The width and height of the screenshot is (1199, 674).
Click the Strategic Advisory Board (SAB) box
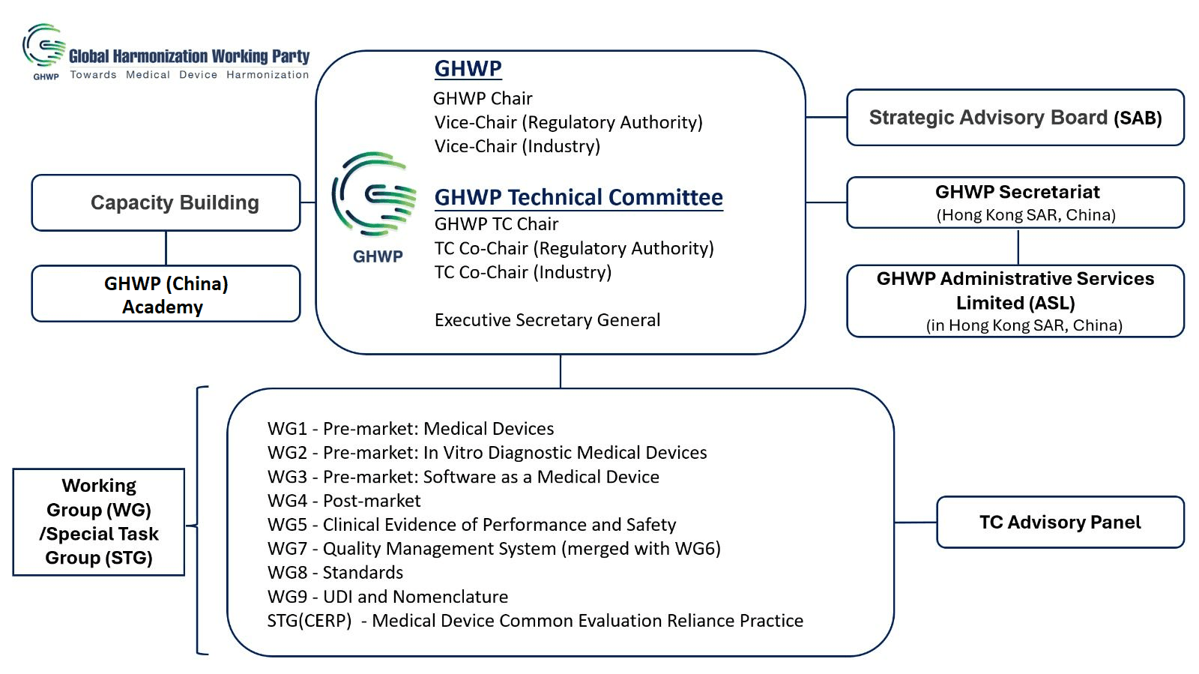[x=1015, y=118]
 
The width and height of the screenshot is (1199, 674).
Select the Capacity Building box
[x=166, y=203]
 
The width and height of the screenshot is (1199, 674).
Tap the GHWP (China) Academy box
[x=166, y=294]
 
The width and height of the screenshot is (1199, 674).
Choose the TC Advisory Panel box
[x=1060, y=523]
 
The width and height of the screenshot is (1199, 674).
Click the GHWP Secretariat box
[x=1015, y=202]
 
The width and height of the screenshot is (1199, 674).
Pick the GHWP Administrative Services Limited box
[x=1015, y=301]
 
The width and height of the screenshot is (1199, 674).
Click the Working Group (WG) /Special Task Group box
[x=99, y=522]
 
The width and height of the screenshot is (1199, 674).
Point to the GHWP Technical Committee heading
[x=579, y=197]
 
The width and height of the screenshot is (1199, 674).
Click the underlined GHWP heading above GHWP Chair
[x=468, y=68]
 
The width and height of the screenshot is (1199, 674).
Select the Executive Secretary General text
[x=547, y=320]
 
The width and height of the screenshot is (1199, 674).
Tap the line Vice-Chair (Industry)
[x=517, y=146]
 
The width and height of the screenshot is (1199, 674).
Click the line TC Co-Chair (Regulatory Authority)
[x=574, y=248]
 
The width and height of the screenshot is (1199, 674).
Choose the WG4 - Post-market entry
[x=344, y=501]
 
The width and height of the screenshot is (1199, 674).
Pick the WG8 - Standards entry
[x=335, y=573]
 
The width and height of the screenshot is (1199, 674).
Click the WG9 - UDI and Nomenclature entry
[x=387, y=597]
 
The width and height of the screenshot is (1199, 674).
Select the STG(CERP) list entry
[x=535, y=621]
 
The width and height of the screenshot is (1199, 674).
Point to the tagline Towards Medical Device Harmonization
[x=189, y=75]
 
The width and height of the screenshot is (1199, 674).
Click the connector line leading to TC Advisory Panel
[x=915, y=523]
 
